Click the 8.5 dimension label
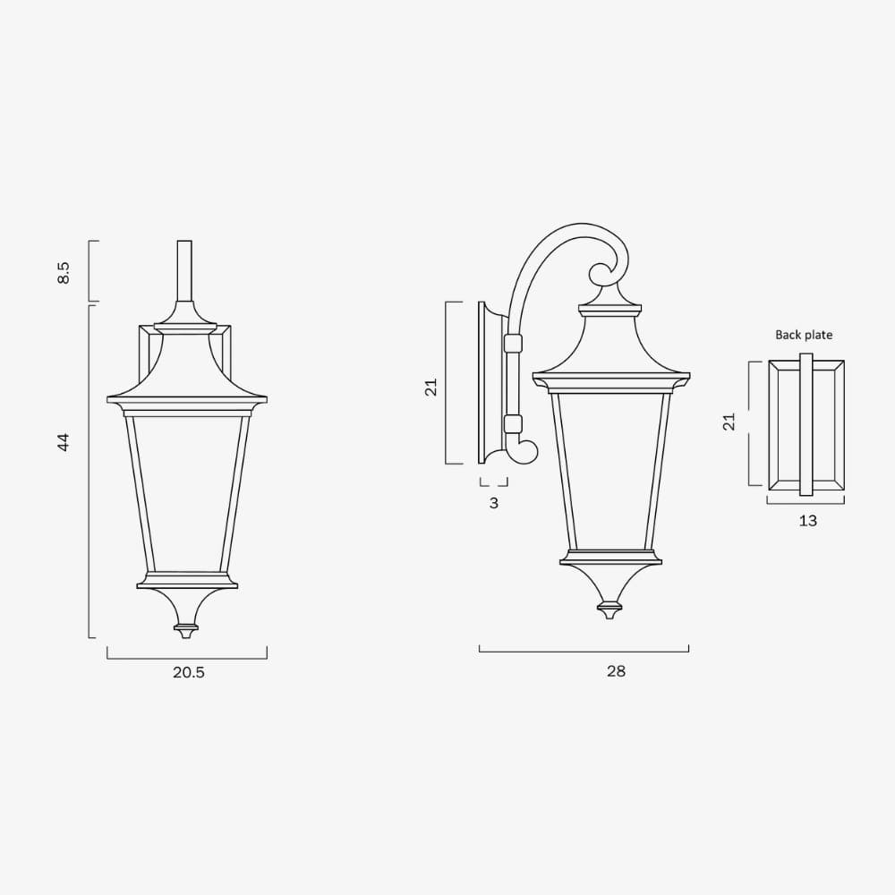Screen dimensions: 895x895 click(64, 272)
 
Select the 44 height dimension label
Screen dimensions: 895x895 click(64, 441)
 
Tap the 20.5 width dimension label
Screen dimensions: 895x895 click(188, 672)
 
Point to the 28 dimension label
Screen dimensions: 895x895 click(616, 670)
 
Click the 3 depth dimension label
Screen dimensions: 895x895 click(493, 503)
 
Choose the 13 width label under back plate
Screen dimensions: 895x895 click(807, 520)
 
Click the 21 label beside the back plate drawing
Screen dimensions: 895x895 click(729, 422)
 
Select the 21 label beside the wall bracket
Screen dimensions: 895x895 click(430, 387)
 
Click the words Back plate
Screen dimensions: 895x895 click(804, 335)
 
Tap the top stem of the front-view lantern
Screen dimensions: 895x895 click(184, 270)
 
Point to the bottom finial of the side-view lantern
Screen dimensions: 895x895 click(610, 610)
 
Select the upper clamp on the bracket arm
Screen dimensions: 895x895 click(513, 343)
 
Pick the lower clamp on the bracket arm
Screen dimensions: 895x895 click(513, 423)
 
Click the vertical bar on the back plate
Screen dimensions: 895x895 click(806, 424)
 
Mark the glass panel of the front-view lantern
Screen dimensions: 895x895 click(186, 492)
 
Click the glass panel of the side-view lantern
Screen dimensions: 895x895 click(610, 470)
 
